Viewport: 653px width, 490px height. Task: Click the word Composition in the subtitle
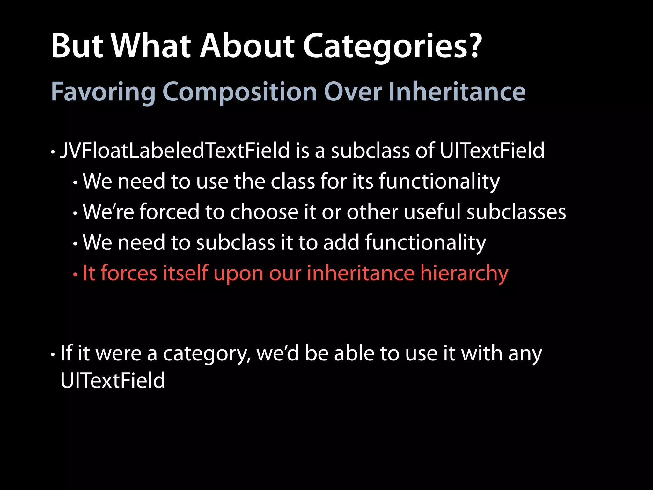point(239,92)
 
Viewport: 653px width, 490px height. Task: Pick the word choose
point(264,212)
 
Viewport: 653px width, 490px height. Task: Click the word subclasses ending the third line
point(516,212)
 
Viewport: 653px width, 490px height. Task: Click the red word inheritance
point(360,273)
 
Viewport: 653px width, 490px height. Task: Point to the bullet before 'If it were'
point(53,355)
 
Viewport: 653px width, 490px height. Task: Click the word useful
point(432,212)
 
